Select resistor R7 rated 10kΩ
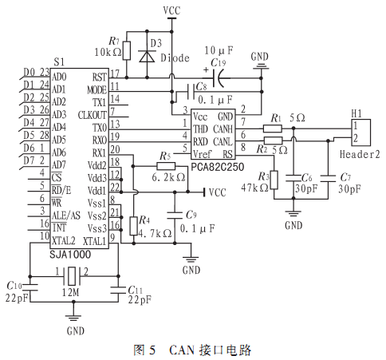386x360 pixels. coord(127,50)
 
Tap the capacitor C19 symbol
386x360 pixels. coord(219,78)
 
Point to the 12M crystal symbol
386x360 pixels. coord(72,276)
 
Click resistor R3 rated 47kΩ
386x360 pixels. coord(274,180)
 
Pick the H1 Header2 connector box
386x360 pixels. coord(361,133)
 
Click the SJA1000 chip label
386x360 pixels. coord(70,255)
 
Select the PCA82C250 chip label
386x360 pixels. coord(218,167)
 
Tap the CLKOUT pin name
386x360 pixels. coord(92,115)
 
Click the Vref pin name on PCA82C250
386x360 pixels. coord(202,154)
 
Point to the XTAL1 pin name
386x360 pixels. coord(95,241)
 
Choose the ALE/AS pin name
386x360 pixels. coord(66,216)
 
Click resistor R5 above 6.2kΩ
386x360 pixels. coord(166,167)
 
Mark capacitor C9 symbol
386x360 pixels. coord(175,216)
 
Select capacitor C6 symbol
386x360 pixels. coord(293,178)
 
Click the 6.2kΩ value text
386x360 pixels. coord(168,177)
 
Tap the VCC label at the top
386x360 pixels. coord(171,10)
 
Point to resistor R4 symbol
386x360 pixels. coord(133,226)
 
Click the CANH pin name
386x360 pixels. coord(223,129)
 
